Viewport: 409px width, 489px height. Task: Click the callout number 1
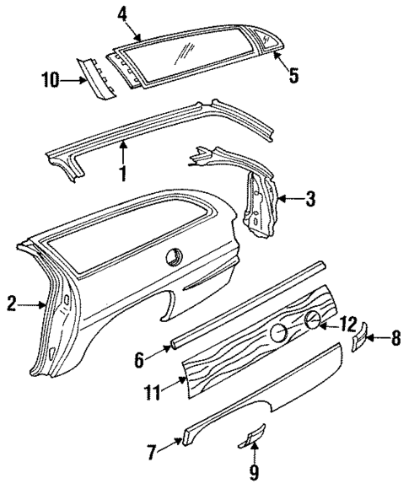tap(123, 175)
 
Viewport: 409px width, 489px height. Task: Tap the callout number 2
tap(12, 304)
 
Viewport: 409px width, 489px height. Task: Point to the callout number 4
tap(122, 14)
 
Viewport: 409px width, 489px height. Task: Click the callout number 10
tap(50, 80)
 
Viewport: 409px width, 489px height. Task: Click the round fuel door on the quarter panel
tap(176, 255)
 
